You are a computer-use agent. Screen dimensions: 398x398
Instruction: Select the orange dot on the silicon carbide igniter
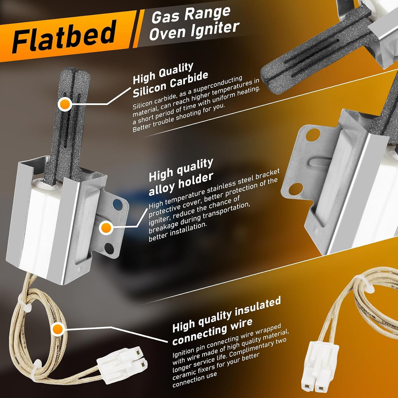[x=65, y=104]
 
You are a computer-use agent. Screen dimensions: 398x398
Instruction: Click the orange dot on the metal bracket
[x=106, y=228]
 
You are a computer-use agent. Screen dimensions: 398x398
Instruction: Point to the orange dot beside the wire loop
[x=58, y=329]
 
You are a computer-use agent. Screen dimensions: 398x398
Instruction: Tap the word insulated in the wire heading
[x=258, y=308]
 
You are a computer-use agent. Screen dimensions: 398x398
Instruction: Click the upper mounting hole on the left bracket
[x=117, y=204]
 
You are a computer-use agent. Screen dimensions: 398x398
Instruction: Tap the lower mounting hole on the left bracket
[x=109, y=248]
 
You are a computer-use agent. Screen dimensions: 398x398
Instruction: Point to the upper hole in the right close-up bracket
[x=313, y=135]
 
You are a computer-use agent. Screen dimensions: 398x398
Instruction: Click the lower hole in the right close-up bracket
[x=296, y=189]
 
